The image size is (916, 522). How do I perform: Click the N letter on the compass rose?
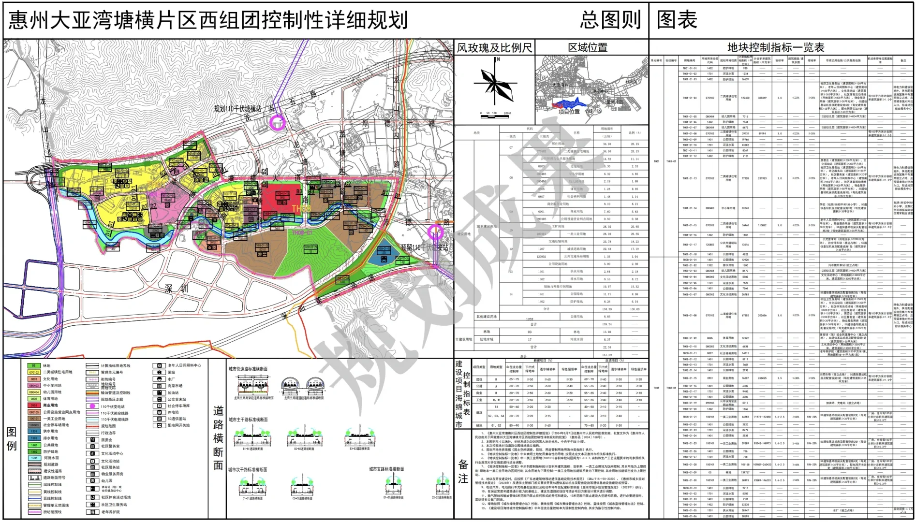pos(498,59)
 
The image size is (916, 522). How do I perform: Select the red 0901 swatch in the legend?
pos(34,405)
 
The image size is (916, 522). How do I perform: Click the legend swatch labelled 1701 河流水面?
pos(34,458)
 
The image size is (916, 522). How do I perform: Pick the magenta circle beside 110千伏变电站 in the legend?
pos(92,406)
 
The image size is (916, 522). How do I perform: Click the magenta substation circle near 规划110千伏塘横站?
pos(277,122)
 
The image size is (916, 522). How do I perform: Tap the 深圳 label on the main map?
pos(176,289)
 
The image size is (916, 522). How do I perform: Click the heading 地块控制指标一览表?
pos(776,47)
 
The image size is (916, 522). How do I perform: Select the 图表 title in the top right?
pos(677,20)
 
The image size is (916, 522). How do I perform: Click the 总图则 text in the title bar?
pos(610,20)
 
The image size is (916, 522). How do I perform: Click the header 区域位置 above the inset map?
pos(588,47)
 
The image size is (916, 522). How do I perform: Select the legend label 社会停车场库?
pos(178,406)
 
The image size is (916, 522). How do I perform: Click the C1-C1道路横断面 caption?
pos(250,497)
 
